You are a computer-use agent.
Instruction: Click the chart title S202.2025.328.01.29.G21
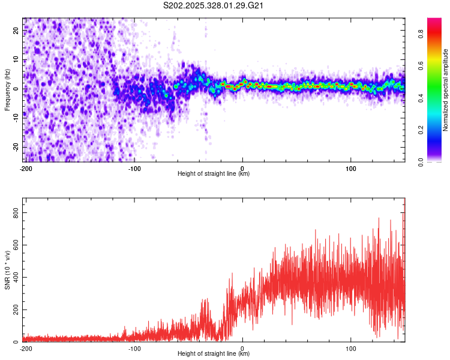coord(214,6)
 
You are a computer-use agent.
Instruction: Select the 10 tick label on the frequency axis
coord(16,59)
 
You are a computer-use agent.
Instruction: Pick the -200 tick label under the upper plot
coord(25,168)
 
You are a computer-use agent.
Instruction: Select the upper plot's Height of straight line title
coord(214,174)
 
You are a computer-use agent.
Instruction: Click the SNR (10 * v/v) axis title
coord(7,270)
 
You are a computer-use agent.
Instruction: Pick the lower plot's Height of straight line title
coord(214,354)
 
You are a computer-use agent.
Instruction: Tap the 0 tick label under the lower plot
coord(242,348)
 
